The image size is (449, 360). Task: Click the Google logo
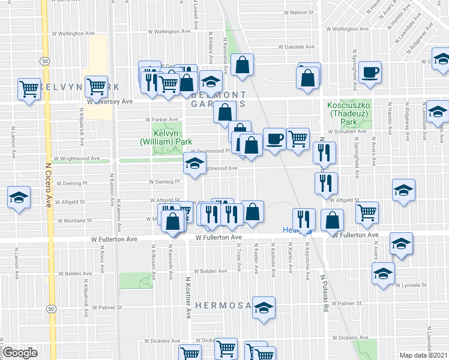[20, 353]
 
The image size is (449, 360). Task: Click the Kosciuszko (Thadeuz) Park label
[346, 114]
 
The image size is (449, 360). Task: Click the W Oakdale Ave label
[296, 47]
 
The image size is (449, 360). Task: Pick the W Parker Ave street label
[162, 119]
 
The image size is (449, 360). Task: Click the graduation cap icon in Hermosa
[262, 308]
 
